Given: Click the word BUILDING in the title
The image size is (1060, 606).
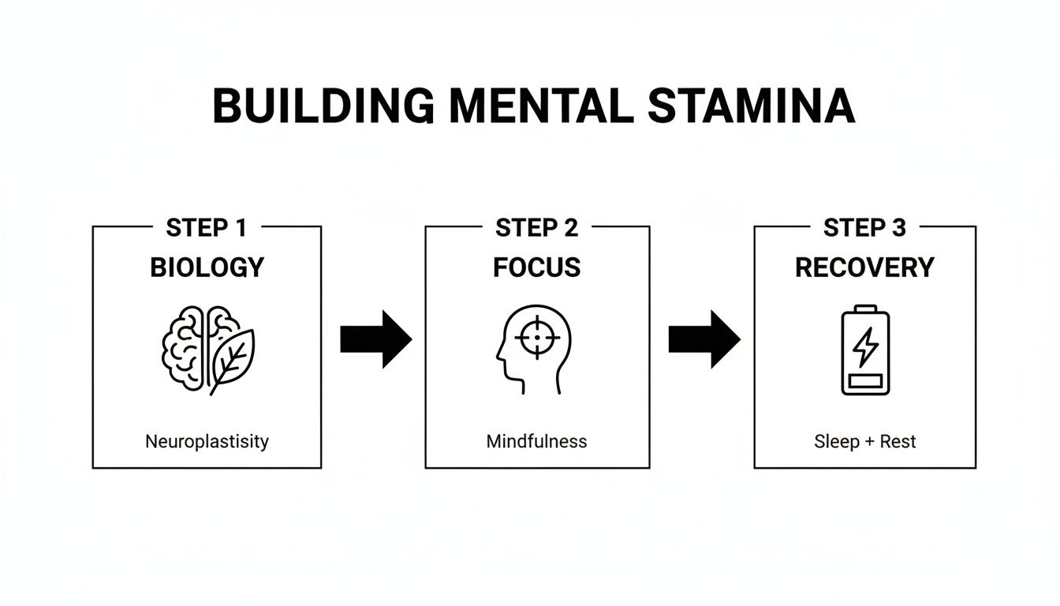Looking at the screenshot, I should [322, 107].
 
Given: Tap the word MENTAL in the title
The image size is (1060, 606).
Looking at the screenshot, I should [537, 107].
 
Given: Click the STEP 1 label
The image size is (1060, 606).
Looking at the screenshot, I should [207, 228].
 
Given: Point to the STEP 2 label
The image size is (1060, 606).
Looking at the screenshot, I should [537, 228].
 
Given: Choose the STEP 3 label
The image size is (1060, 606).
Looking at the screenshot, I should [864, 228].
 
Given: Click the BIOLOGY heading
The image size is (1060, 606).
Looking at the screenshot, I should [207, 267].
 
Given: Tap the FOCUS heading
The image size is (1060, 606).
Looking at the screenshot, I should [537, 267].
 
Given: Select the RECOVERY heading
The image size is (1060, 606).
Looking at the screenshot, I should [864, 267].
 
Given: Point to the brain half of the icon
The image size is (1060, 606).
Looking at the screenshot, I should [186, 347].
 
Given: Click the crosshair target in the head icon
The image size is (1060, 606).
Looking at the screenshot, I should [537, 337].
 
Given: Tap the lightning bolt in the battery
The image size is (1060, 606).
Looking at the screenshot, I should [865, 347].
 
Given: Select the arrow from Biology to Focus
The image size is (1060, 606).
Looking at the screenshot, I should [375, 339].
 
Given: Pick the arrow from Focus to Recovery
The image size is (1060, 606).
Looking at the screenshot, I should [704, 339].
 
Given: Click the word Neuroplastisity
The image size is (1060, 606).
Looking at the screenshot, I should [207, 441].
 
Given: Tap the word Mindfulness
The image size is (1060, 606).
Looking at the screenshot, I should [536, 441].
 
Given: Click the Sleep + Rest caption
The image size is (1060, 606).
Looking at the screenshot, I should [864, 441].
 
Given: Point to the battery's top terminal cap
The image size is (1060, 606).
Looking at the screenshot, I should [865, 309].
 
